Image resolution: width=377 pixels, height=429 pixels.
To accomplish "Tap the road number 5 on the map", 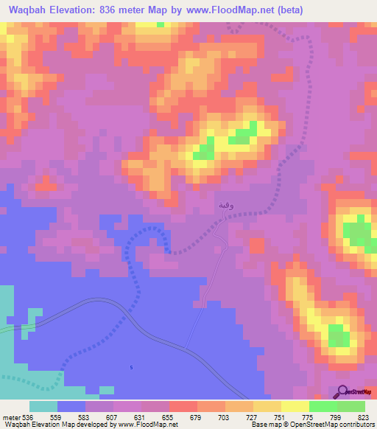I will point(132,368).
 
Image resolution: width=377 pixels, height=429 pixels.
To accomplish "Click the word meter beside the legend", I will point(11,416).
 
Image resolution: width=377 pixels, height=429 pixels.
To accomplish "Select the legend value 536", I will point(29,416).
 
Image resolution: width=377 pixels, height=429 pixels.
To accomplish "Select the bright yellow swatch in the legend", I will point(295,406).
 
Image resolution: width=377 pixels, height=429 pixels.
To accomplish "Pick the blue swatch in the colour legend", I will point(71,406).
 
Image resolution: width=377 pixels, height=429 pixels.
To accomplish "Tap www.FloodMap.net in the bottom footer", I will point(138,425).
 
